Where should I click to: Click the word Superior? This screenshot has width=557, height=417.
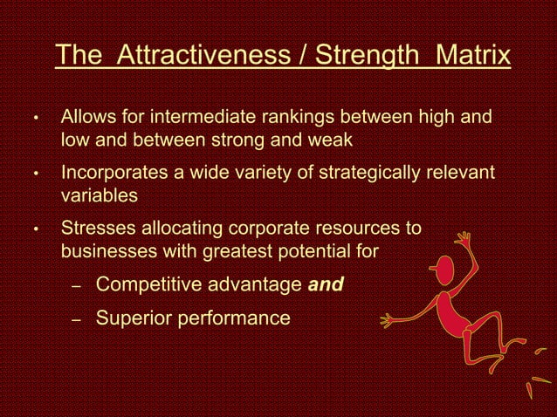click(x=128, y=318)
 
